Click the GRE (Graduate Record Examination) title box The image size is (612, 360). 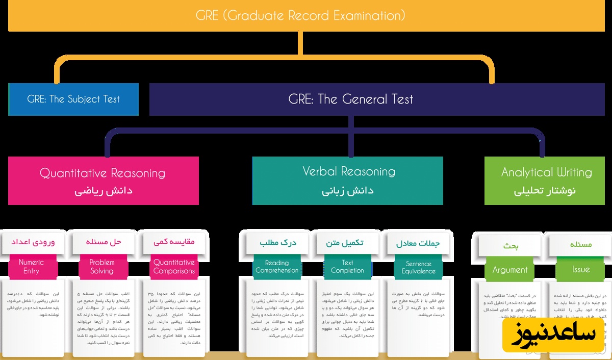point(301,16)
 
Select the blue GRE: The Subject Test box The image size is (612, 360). point(73,99)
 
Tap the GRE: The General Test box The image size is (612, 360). point(351,99)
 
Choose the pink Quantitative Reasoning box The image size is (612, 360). point(103,181)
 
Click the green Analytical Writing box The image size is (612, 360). point(545,181)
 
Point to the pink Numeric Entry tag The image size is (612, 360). point(31,267)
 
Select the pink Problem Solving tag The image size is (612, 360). point(101,267)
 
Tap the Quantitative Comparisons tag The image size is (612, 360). point(174,267)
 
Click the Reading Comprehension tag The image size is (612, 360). point(277,267)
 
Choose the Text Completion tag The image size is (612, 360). point(347,267)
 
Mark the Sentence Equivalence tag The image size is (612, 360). point(418,268)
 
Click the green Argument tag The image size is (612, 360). point(510,270)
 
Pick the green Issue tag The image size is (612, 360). point(581,270)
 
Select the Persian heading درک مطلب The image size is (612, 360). point(276,243)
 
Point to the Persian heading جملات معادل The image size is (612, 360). point(418,244)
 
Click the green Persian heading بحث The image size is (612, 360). point(511,246)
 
